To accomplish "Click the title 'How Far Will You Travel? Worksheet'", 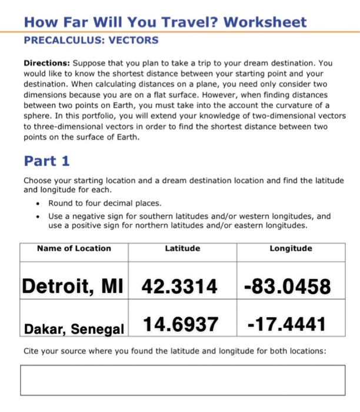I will tap(165, 22).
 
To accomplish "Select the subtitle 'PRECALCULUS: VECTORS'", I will tap(91, 41).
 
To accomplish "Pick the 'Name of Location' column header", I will tap(74, 248).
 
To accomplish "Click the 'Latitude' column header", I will tap(182, 248).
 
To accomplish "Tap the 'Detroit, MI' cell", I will tap(73, 287).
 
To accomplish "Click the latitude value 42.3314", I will tap(179, 287).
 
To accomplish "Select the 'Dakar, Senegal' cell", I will tap(74, 328).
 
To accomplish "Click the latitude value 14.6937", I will tap(179, 323).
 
